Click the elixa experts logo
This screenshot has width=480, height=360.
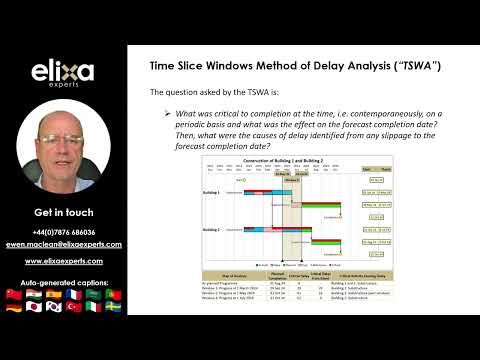pos(63,74)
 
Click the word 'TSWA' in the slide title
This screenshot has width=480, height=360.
pos(411,65)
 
